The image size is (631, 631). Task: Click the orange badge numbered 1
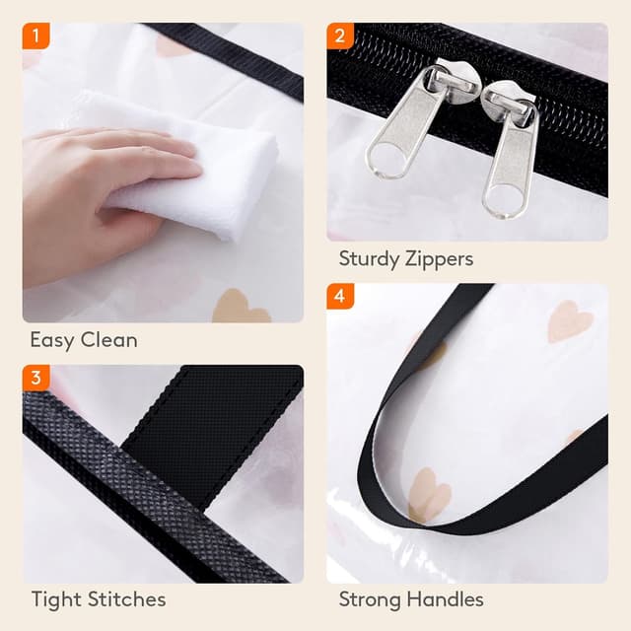36,37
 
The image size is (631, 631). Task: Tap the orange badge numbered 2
340,37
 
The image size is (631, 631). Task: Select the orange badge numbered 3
36,378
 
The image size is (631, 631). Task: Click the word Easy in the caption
51,340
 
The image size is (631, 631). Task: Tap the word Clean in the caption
108,340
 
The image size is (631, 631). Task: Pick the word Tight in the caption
52,598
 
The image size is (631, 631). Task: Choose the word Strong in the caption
371,598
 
